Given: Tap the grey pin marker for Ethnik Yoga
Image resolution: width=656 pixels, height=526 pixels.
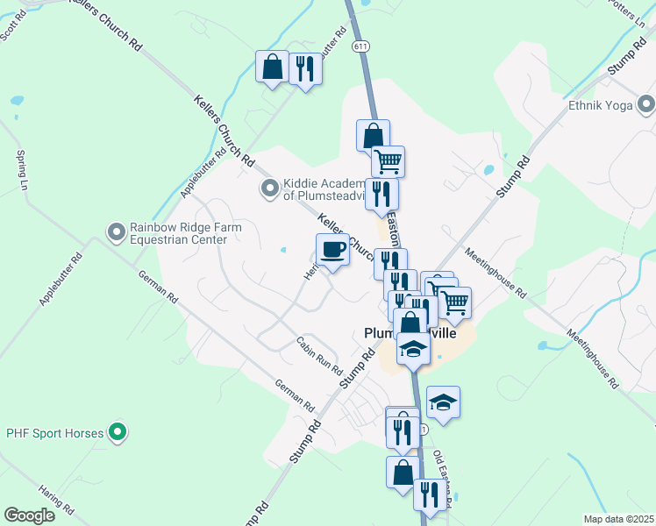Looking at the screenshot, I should pos(646,103).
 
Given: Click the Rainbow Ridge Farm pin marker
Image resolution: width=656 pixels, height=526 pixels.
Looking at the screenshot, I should pos(116,232).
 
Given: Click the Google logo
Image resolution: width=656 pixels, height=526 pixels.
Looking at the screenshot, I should pos(29,515).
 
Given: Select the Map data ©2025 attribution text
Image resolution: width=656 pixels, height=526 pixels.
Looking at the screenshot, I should pos(619,519).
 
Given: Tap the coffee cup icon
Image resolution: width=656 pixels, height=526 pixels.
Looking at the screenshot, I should pos(333,251).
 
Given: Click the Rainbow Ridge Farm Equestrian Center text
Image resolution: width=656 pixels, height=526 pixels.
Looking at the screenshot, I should pos(186,233).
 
